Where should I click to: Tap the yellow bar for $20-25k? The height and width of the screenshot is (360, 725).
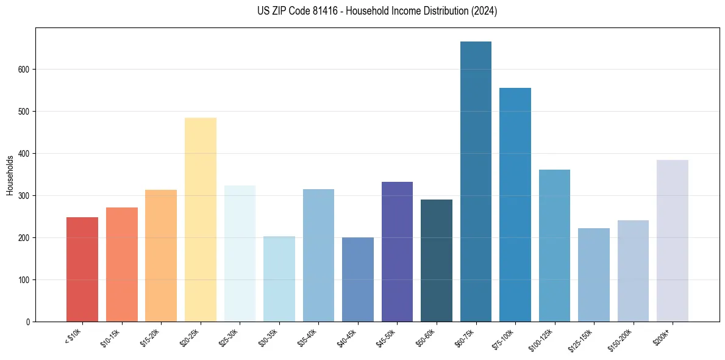coord(201,220)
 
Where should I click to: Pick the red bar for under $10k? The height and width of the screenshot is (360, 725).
coord(82,269)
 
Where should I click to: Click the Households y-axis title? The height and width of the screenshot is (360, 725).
coord(10,175)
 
